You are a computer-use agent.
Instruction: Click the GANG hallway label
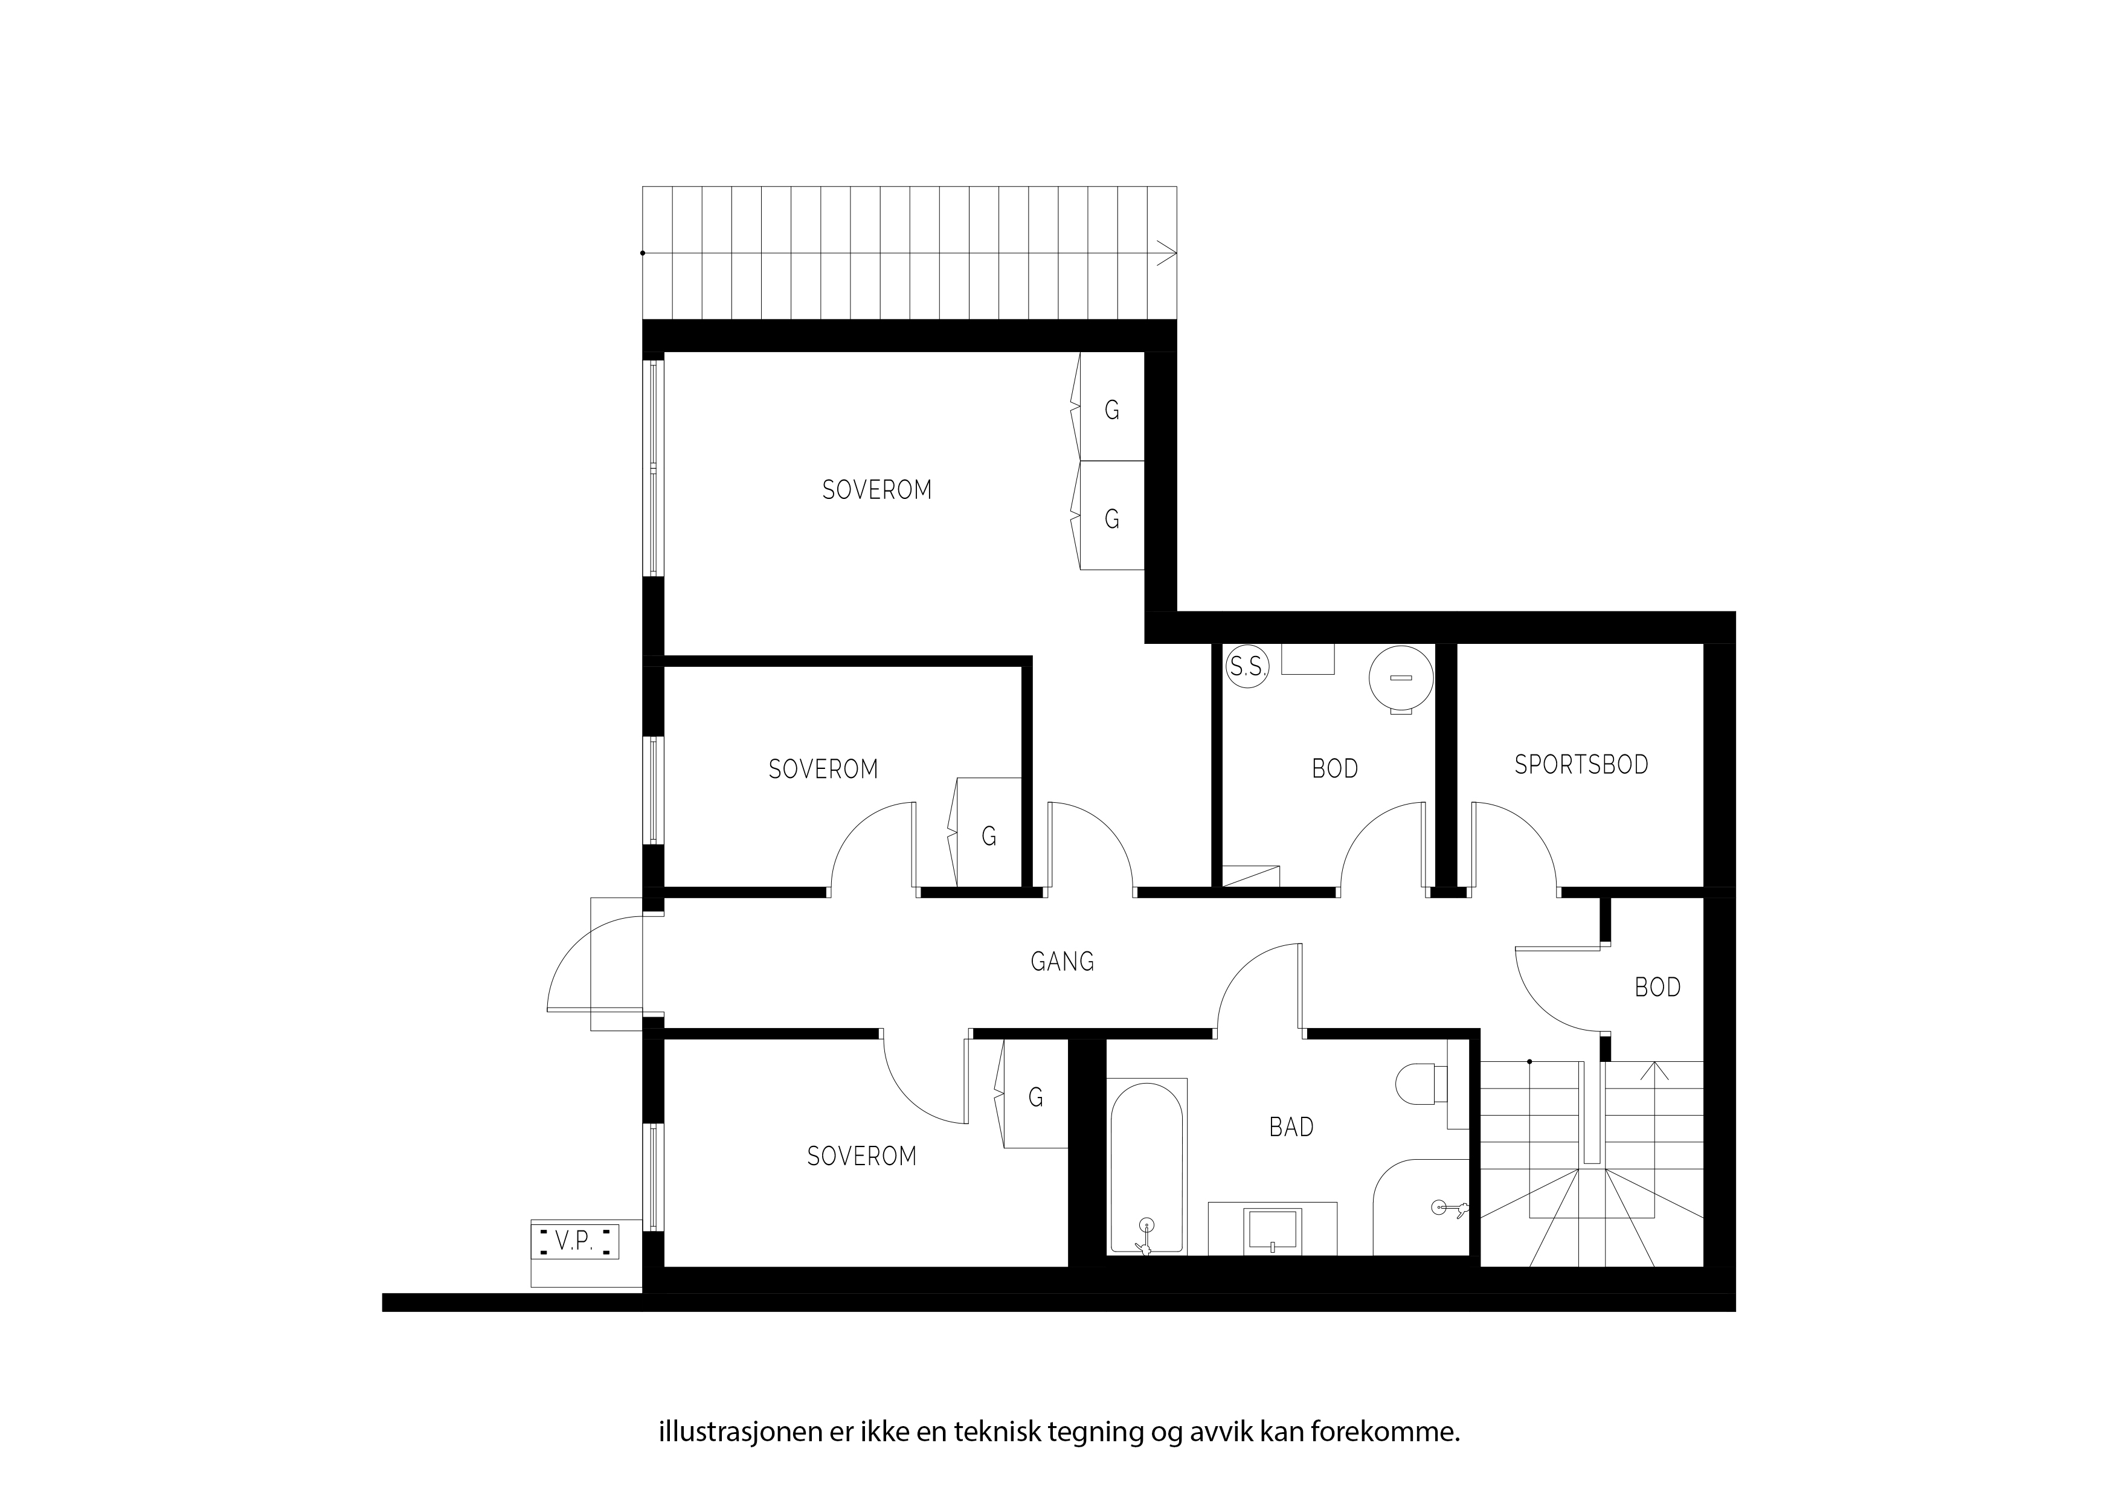coord(1063,962)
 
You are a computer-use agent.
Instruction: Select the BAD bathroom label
coord(1291,1127)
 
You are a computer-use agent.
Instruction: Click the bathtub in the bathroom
coord(1146,1168)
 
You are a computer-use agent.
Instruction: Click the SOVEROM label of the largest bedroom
coord(876,489)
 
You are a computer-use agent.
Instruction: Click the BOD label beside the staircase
coord(1658,988)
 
